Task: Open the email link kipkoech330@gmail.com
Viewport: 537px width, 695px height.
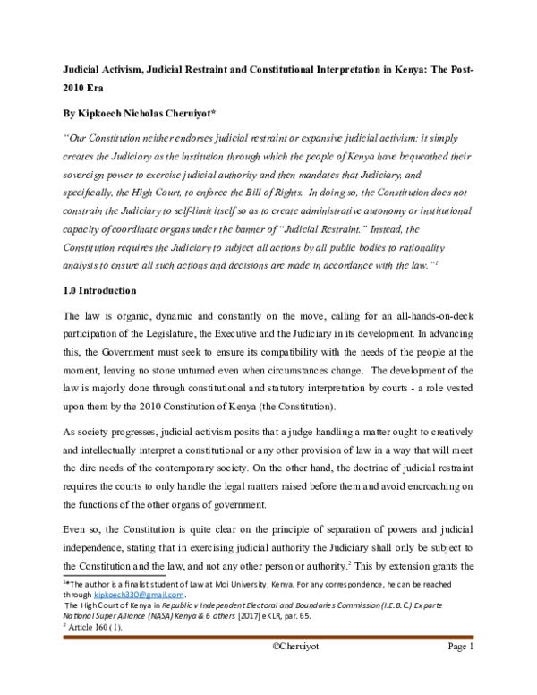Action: pos(135,594)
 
